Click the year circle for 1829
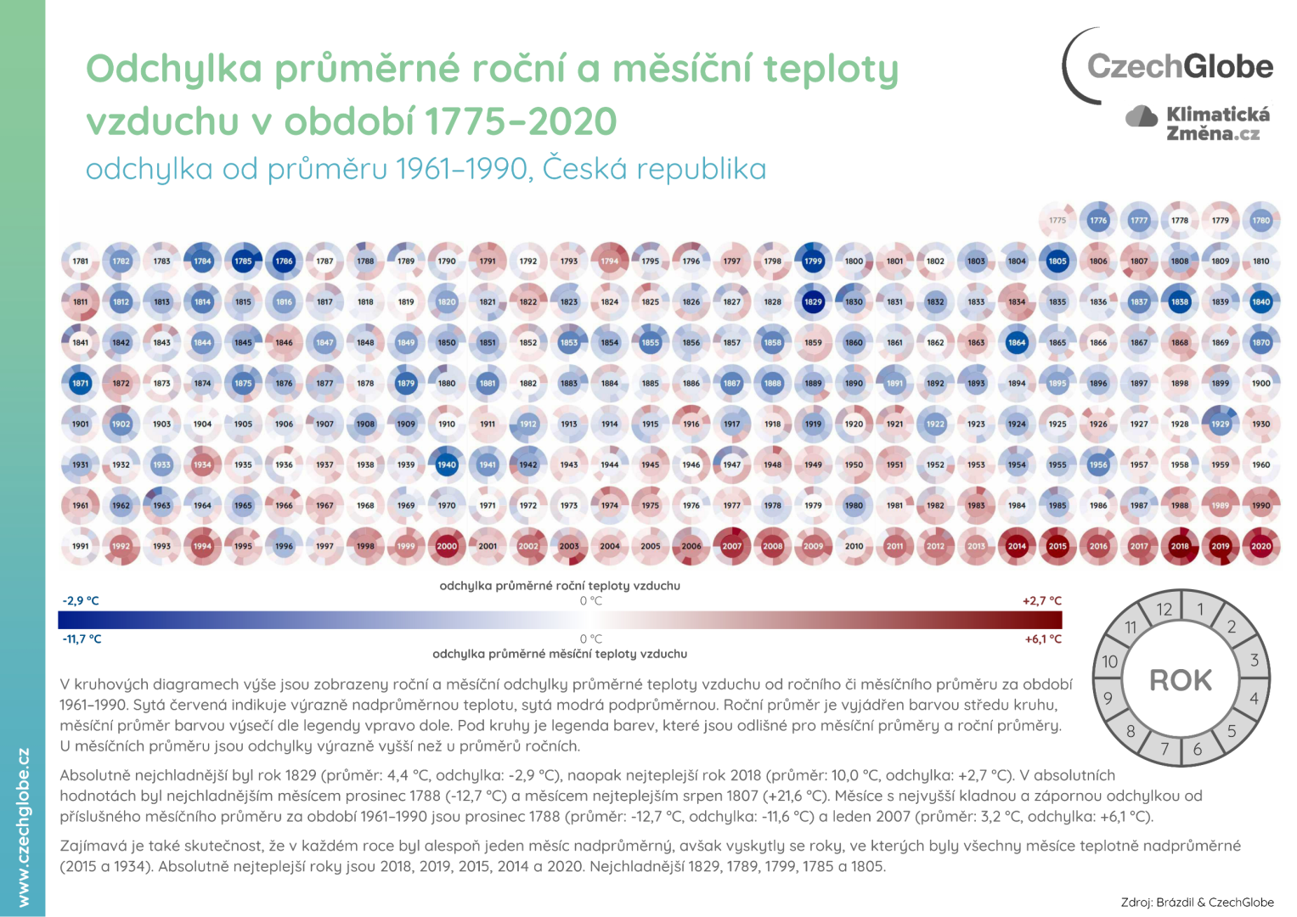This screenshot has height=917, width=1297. (813, 302)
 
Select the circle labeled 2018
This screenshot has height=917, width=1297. (1180, 547)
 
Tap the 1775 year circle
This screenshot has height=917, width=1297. (1057, 221)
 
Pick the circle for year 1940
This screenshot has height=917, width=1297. (447, 465)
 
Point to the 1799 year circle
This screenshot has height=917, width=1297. (813, 262)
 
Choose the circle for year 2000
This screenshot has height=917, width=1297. (447, 547)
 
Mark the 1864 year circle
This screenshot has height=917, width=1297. (1017, 343)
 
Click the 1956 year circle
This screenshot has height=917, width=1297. (1098, 465)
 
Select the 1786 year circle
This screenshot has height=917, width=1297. (284, 262)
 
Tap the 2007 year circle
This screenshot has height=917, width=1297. (732, 547)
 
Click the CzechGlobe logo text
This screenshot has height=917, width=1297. (1180, 66)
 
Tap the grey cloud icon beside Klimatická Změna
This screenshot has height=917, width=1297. (1142, 116)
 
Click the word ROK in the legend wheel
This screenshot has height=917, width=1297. (1181, 680)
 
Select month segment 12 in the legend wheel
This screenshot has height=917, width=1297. (1164, 610)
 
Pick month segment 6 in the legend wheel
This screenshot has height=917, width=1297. (1198, 749)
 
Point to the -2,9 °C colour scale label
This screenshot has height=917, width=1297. (81, 601)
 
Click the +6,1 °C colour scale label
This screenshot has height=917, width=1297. (1043, 639)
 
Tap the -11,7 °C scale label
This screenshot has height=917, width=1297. (82, 639)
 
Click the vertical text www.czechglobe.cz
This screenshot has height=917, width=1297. (23, 827)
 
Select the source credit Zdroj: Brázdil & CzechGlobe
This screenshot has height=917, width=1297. (1197, 903)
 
